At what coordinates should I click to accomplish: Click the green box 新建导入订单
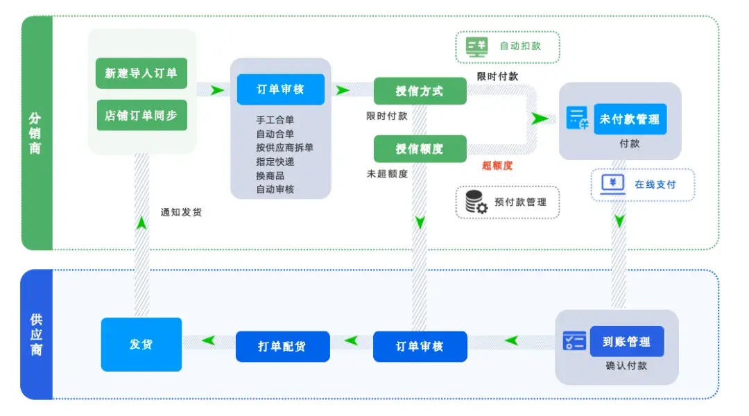pos(141,73)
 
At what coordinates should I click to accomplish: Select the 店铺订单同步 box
pos(141,115)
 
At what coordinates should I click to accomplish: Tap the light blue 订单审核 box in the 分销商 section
pos(280,89)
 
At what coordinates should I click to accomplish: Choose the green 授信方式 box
pos(420,91)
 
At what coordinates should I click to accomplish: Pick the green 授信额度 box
pos(420,148)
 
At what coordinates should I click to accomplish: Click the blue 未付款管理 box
pos(630,119)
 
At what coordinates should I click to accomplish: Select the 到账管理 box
pos(627,342)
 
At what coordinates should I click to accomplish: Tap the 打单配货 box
pos(282,346)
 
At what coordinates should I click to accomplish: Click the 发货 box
pos(141,345)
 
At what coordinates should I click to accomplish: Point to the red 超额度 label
pos(497,166)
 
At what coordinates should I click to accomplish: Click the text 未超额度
pos(387,174)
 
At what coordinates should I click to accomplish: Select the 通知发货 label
pos(181,212)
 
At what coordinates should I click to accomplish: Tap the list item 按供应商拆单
pos(285,148)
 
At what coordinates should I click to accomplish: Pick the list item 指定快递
pos(275,162)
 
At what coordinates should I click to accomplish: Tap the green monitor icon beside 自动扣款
pos(476,47)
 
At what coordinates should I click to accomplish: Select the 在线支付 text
pos(655,184)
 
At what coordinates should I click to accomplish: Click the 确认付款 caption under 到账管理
pos(626,365)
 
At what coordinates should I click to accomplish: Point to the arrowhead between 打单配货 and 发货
pos(208,340)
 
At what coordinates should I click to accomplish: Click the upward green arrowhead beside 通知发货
pos(141,223)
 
